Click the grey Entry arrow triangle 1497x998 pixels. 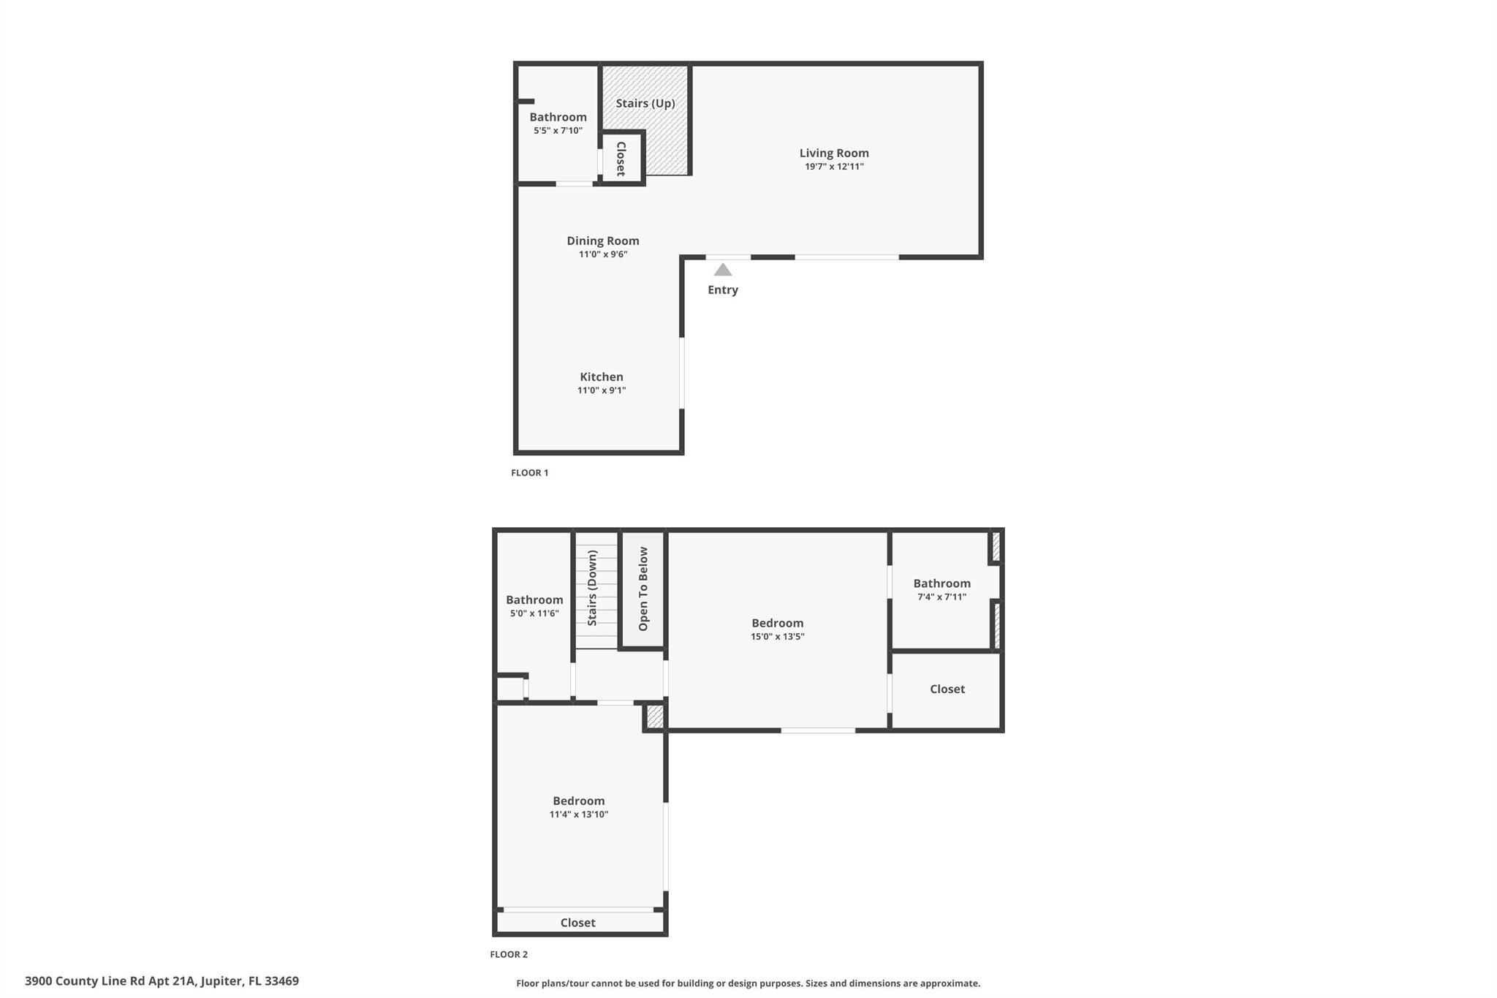722,270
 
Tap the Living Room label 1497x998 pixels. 834,153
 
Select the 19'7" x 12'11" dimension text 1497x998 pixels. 834,167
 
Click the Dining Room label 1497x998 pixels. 603,241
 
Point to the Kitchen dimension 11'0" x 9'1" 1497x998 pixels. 602,390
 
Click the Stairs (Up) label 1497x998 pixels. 645,103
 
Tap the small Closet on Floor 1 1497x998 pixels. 621,159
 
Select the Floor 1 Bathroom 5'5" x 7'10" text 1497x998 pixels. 558,131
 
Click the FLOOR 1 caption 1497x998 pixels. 529,473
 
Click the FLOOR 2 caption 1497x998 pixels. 509,954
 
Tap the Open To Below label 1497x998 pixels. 643,589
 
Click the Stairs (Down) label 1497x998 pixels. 593,589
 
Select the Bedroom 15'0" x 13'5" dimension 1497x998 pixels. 777,637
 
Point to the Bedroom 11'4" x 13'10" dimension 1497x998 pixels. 579,814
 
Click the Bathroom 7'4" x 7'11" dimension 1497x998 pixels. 941,597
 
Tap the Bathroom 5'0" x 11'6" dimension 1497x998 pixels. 534,613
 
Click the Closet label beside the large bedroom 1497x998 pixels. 947,689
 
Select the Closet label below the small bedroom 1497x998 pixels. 577,923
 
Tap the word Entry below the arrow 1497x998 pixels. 722,290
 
